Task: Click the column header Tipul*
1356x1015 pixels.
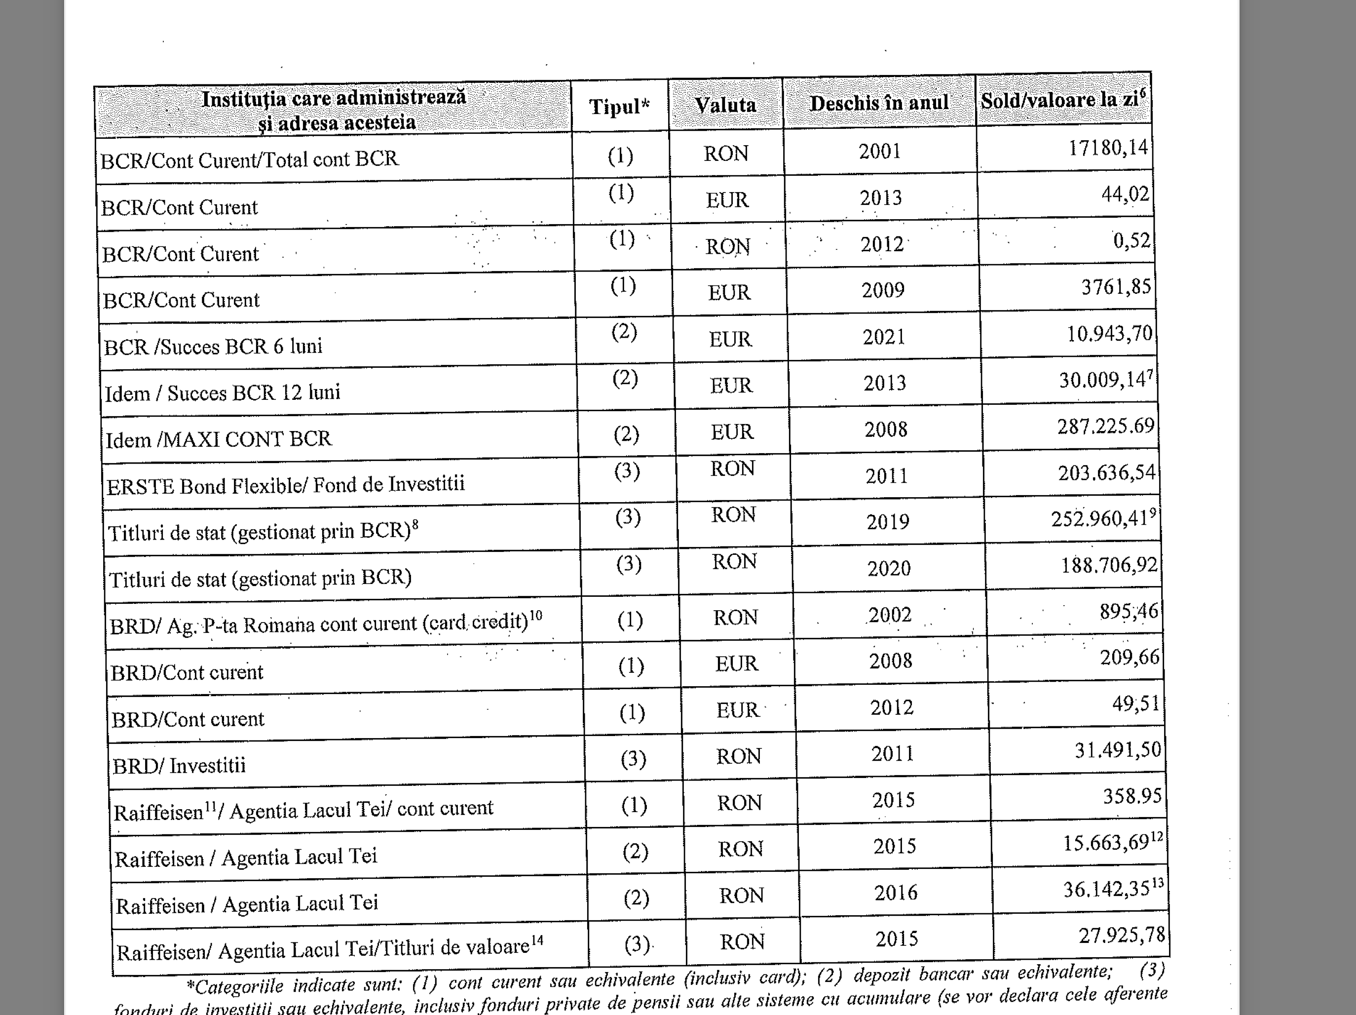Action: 619,107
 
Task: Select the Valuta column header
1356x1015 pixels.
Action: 725,105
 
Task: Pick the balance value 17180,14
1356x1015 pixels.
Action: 1108,148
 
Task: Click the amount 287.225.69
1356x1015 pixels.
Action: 1105,426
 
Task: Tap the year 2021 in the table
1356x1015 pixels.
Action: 884,337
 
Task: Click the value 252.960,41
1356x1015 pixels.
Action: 1099,519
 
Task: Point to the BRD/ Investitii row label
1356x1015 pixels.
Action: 179,765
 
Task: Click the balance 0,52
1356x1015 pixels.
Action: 1131,240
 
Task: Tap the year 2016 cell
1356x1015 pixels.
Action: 896,893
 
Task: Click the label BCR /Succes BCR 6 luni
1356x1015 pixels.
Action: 213,347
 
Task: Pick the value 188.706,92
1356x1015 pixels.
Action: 1109,565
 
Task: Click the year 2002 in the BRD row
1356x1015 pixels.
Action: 890,615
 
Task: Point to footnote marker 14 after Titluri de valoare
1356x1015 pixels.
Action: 537,940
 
